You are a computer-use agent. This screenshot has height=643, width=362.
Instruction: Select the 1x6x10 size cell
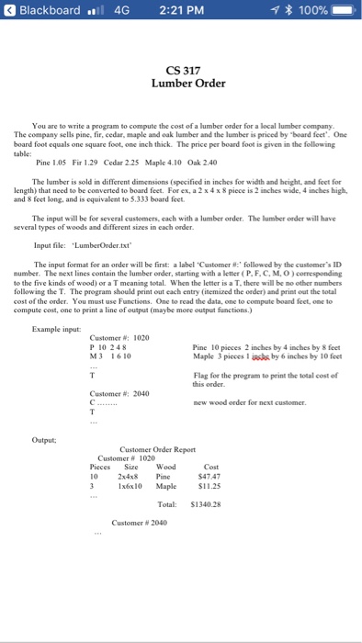pyautogui.click(x=126, y=488)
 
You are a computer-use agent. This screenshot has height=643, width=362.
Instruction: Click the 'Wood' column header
pyautogui.click(x=166, y=468)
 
